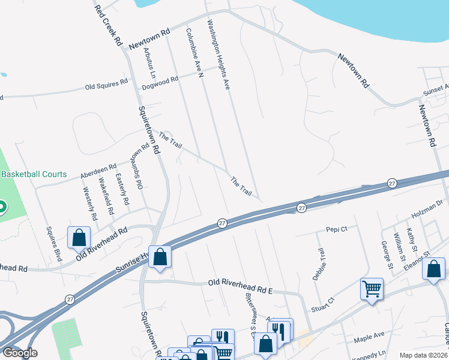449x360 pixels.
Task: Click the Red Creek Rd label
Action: [x=109, y=26]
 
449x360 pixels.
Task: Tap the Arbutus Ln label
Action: [x=148, y=64]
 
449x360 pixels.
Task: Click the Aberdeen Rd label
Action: [x=98, y=172]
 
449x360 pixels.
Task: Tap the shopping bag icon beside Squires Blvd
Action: [x=79, y=238]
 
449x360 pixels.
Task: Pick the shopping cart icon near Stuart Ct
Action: [x=372, y=289]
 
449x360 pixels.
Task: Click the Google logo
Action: [x=20, y=353]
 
